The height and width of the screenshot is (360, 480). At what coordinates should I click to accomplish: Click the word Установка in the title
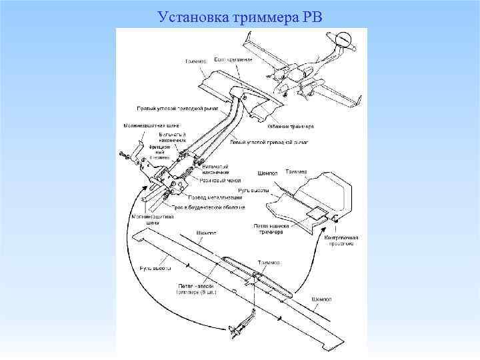[x=193, y=16]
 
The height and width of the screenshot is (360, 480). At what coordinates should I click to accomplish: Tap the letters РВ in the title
[x=311, y=16]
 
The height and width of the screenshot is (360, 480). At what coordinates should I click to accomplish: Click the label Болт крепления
[x=233, y=59]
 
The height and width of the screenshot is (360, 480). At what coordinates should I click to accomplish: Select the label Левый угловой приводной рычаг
[x=269, y=142]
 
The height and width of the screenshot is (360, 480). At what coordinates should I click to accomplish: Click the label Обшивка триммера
[x=291, y=126]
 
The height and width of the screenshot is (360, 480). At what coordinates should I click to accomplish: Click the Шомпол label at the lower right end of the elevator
[x=322, y=300]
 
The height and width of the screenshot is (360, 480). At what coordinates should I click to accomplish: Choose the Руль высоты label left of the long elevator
[x=155, y=268]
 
